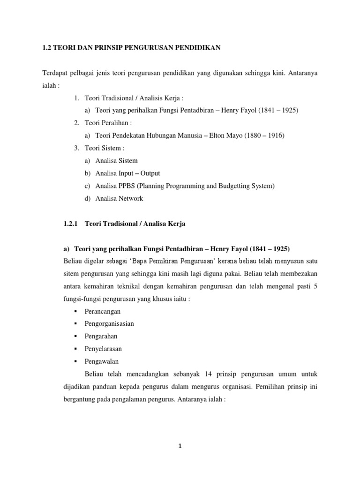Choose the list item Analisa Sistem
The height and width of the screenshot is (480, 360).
pos(116,161)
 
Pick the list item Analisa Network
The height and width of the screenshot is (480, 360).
pos(119,199)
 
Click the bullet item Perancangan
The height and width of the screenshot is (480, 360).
pos(102,311)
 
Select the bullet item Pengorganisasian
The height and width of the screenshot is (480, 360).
pos(109,324)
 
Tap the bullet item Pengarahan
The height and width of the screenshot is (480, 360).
pos(101,336)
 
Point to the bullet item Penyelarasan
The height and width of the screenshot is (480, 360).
pos(103,349)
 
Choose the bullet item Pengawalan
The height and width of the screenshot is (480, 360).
pos(101,361)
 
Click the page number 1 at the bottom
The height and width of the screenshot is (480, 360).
pos(180,446)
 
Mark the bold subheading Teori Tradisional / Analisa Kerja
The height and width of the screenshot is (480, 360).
pos(135,224)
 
